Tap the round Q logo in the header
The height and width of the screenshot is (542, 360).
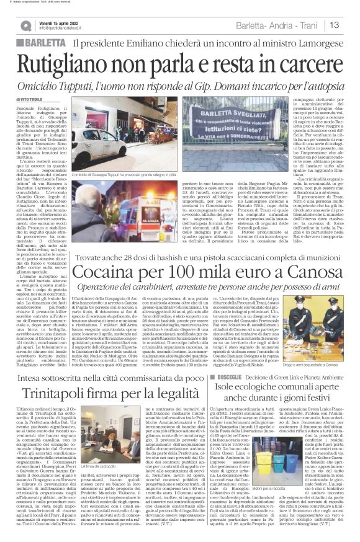point(27,25)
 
